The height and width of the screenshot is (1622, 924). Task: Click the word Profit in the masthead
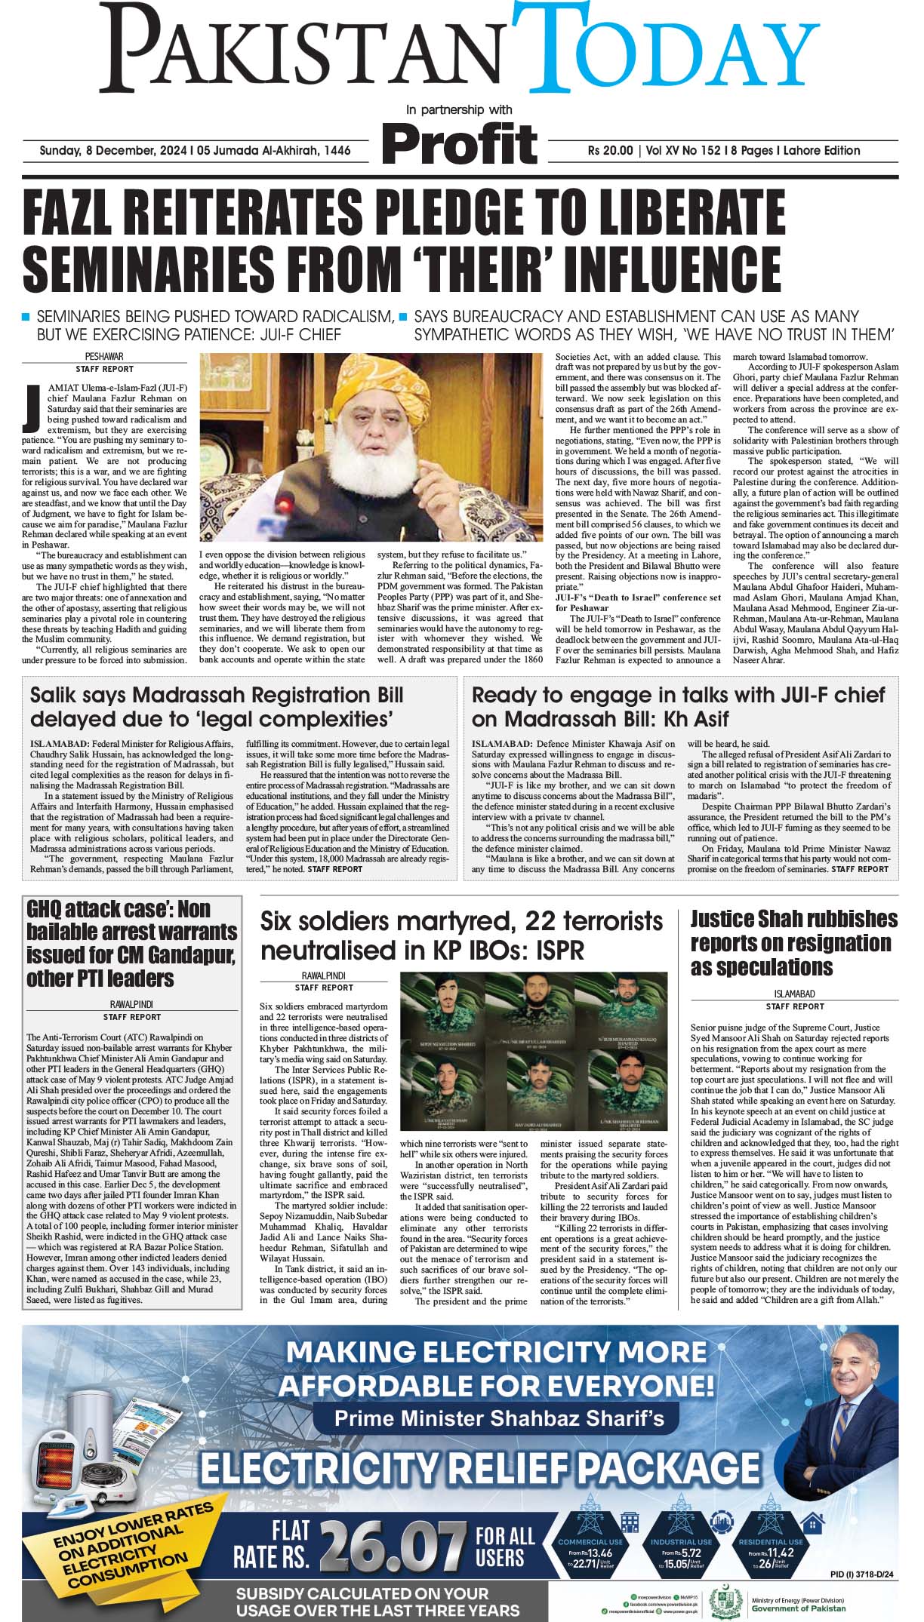click(x=459, y=142)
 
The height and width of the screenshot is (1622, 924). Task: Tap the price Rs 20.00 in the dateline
click(x=611, y=150)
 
